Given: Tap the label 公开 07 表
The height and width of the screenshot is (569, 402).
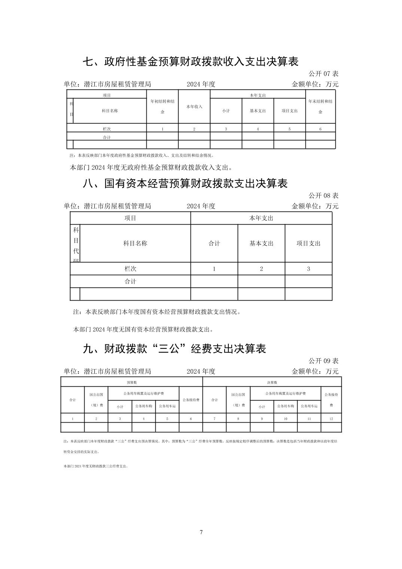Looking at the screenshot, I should pyautogui.click(x=323, y=74).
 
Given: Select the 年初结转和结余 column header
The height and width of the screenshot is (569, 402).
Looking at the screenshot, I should pyautogui.click(x=162, y=106).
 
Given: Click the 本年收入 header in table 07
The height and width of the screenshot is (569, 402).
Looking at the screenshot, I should pyautogui.click(x=194, y=107).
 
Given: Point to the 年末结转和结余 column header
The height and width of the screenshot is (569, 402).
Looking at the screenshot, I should pyautogui.click(x=320, y=106).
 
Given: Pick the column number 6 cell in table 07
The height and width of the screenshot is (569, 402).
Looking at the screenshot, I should pyautogui.click(x=320, y=129).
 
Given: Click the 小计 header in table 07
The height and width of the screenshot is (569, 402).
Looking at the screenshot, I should pyautogui.click(x=226, y=111).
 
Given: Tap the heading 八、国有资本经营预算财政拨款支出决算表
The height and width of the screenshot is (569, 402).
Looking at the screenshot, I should pyautogui.click(x=185, y=183).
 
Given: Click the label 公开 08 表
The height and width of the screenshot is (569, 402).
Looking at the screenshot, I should pyautogui.click(x=323, y=195).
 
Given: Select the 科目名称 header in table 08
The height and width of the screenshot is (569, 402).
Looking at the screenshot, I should pyautogui.click(x=135, y=243).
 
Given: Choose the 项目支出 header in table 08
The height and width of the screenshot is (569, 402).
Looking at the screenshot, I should pyautogui.click(x=308, y=243).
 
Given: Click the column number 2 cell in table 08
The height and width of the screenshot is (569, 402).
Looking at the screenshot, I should pyautogui.click(x=261, y=269).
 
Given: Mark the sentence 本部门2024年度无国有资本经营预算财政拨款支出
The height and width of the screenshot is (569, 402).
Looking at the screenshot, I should pyautogui.click(x=143, y=330).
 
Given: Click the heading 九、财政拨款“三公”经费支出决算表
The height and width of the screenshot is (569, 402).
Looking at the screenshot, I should pyautogui.click(x=174, y=349).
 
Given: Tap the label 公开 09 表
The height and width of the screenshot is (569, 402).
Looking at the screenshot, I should pyautogui.click(x=323, y=361).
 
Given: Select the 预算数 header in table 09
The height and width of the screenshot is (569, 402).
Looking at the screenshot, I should pyautogui.click(x=132, y=383).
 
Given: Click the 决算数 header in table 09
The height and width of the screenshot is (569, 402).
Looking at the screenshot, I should pyautogui.click(x=272, y=383).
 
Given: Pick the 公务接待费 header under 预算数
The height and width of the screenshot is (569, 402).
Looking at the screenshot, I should pyautogui.click(x=191, y=400).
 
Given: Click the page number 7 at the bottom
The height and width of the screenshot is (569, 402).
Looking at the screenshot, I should pyautogui.click(x=201, y=532).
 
